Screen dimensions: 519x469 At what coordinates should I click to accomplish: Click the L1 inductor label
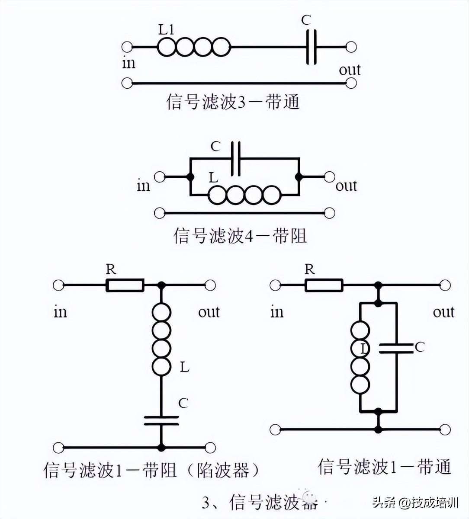click(166, 30)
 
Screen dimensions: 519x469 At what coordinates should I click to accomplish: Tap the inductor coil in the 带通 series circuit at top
click(193, 47)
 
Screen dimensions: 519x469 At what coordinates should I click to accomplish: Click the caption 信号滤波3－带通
click(233, 102)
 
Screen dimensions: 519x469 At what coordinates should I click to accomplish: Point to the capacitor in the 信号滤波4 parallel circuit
click(236, 158)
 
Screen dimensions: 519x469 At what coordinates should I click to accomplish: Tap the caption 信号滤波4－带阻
click(240, 236)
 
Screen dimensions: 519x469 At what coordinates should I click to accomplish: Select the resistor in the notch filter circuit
click(125, 285)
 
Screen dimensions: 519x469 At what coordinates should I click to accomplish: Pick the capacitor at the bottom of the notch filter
click(161, 420)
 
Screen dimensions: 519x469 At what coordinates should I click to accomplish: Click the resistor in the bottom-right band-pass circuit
click(324, 285)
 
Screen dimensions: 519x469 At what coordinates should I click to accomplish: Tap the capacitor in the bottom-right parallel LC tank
click(396, 348)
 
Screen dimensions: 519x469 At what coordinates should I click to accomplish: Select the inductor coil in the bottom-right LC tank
click(360, 357)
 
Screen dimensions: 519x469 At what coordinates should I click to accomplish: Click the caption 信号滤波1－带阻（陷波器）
click(152, 470)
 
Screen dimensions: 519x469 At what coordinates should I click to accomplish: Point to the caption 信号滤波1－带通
click(385, 466)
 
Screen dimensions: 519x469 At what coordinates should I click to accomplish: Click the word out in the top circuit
click(350, 70)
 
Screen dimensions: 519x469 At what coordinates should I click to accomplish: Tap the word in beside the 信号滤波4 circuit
click(143, 186)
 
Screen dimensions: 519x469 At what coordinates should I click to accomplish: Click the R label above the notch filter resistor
click(111, 269)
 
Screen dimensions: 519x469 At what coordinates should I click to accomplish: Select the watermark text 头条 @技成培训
click(415, 503)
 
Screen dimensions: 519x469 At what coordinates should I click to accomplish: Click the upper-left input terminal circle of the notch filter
click(58, 285)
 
